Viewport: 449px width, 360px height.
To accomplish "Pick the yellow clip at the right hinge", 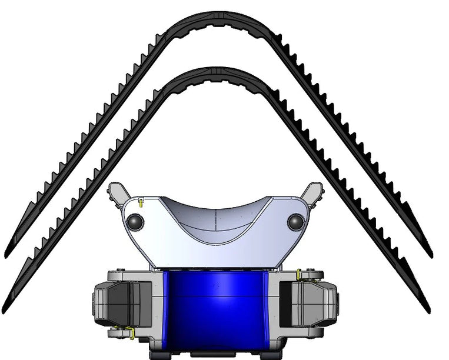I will [300, 275].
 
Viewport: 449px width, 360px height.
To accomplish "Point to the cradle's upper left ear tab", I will [117, 192].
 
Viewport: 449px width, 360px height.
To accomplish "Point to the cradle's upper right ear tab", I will [314, 192].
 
